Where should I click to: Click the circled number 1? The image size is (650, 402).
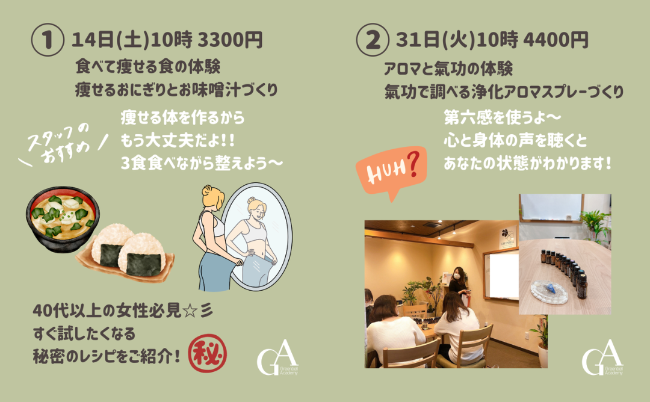[x=48, y=40]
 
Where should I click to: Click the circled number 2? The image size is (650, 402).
[x=373, y=40]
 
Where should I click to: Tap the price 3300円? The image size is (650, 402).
[x=230, y=40]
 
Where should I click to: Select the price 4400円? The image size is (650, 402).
[x=556, y=40]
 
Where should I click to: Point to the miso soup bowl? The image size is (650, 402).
[x=63, y=218]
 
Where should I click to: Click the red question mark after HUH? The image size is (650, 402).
[x=413, y=164]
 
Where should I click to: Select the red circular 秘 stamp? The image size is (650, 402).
[x=208, y=353]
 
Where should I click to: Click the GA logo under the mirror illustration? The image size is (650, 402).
[x=277, y=357]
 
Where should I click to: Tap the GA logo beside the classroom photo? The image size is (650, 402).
[x=602, y=357]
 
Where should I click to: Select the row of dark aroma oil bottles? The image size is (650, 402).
[x=564, y=271]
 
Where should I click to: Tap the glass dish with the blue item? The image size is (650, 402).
[x=549, y=292]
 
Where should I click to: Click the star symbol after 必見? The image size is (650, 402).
[x=190, y=311]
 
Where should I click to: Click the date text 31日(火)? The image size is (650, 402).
[x=436, y=40]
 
